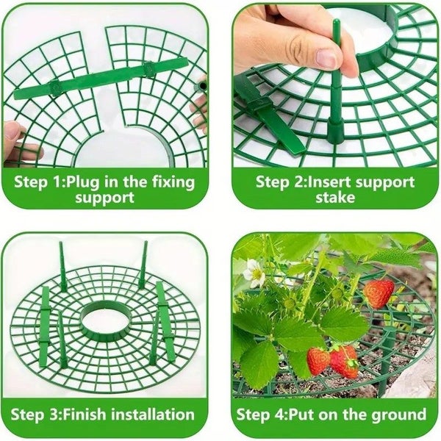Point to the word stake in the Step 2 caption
tap(335, 198)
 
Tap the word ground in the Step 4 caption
tap(395, 414)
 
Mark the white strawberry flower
tap(255, 273)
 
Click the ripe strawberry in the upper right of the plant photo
tap(379, 293)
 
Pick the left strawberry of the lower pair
tap(318, 360)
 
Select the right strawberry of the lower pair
tap(344, 361)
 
